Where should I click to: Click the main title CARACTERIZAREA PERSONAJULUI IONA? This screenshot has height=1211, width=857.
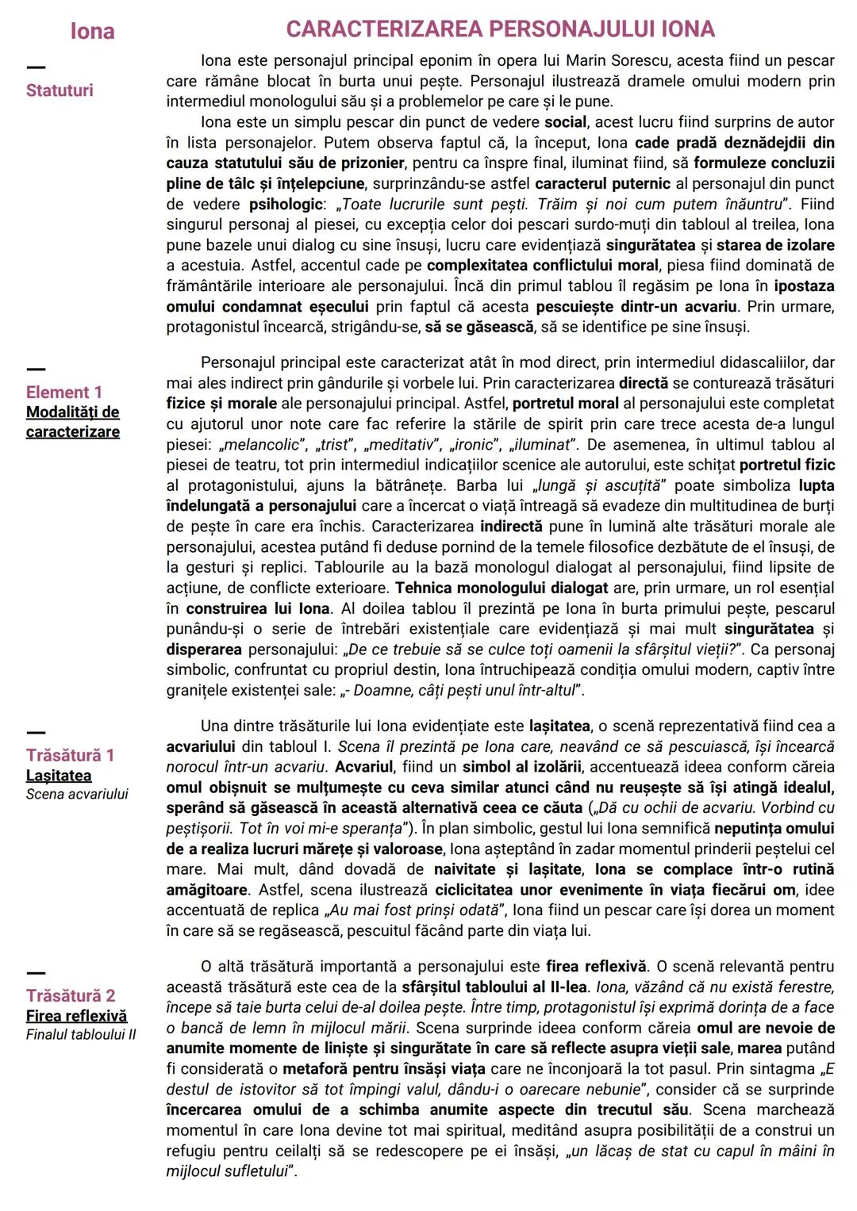500,29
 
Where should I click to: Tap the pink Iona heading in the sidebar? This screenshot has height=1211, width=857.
92,31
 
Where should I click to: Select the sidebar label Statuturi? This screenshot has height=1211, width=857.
60,90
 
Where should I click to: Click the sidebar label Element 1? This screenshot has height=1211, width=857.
63,392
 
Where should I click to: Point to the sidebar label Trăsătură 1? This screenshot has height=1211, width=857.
70,755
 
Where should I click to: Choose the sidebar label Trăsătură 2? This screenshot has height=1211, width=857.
71,995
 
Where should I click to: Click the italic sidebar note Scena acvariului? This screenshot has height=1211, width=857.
77,794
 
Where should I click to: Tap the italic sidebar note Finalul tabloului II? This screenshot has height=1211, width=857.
81,1035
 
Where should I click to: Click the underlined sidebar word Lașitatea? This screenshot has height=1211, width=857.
59,776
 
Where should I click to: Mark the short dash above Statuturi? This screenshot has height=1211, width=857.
36,67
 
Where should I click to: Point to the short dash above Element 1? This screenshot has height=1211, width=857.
36,369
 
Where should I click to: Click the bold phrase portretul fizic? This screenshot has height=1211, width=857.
786,465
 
